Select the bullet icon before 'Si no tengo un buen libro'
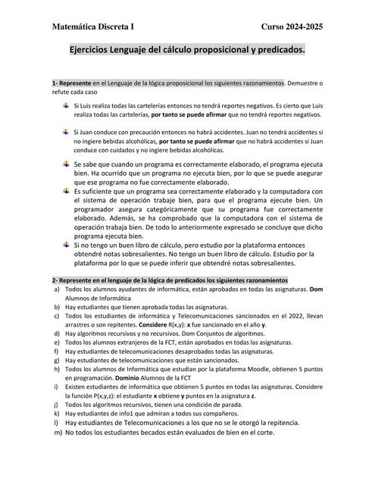(67, 245)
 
